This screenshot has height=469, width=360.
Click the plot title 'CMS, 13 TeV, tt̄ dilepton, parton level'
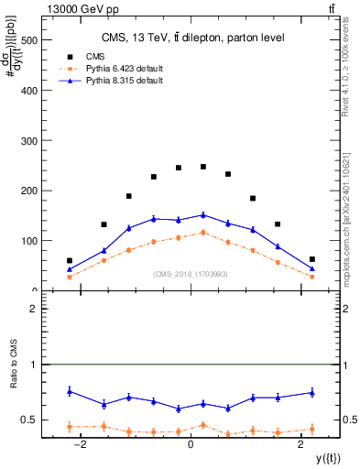190,38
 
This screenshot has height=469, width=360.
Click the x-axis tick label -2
81,444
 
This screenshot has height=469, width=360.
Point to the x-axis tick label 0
191,444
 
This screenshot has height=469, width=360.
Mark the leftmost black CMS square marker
70,260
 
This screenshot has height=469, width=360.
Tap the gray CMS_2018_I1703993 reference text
190,274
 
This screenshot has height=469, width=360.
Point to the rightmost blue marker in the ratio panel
311,392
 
